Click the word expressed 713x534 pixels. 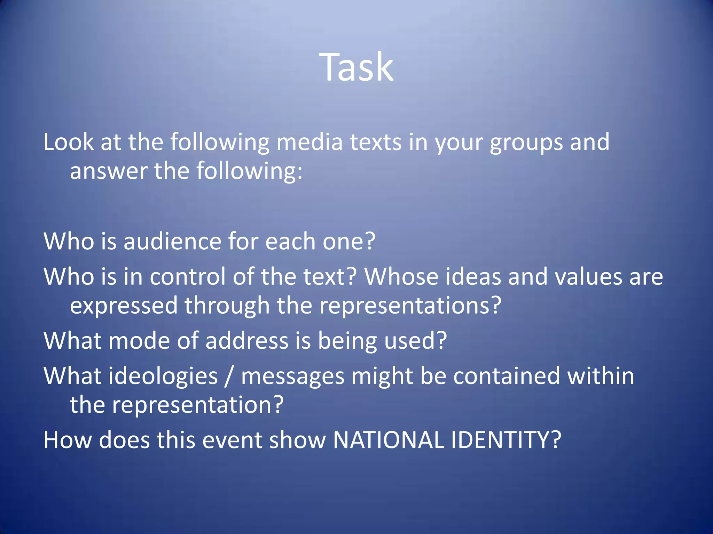coord(124,306)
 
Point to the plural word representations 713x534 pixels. coord(410,306)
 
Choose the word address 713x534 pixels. coord(247,340)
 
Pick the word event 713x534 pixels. coord(232,440)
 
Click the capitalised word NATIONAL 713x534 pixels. coord(388,440)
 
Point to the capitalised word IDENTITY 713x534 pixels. coord(506,440)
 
